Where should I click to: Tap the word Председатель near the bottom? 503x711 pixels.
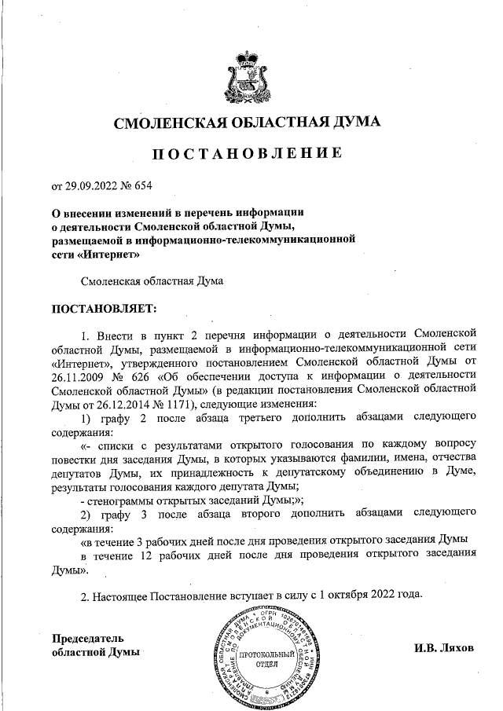[87, 638]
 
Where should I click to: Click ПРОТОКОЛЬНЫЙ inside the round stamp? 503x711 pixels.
[268, 654]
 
